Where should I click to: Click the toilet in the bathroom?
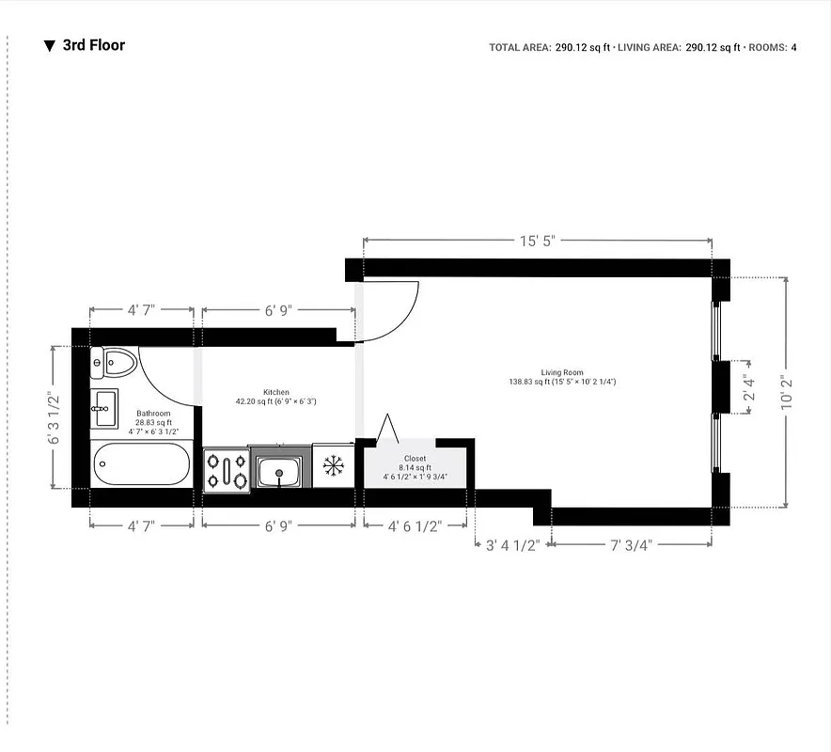coord(114,362)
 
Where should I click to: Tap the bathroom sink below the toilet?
coord(104,407)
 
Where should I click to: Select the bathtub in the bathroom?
coord(142,464)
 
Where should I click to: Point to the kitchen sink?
coord(279,471)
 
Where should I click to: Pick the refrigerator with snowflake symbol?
coord(332,465)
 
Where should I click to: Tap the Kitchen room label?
coord(275,392)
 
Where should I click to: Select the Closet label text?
coord(415,459)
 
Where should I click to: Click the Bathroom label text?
coord(153,414)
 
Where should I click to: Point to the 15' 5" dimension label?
coord(538,241)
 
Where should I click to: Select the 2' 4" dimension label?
coord(748,386)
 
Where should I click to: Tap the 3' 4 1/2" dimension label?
coord(510,545)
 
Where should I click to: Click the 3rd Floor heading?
coord(93,45)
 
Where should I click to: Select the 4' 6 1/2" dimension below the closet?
coord(415,526)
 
